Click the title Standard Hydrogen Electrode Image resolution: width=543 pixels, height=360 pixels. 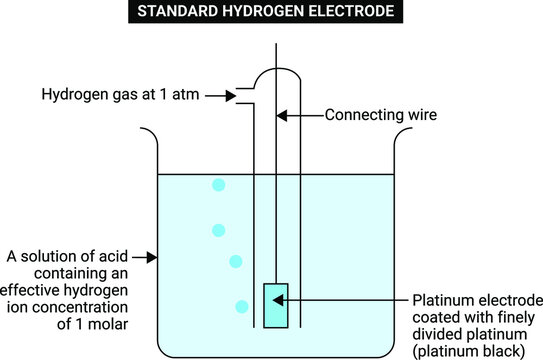(x=272, y=13)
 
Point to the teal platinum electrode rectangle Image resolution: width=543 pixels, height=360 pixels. (x=275, y=304)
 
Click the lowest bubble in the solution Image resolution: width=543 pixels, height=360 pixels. (x=241, y=305)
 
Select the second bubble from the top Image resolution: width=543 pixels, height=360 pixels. (x=218, y=230)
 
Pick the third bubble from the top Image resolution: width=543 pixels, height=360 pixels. (x=236, y=261)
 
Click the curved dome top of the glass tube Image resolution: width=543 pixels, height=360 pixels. (x=276, y=73)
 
